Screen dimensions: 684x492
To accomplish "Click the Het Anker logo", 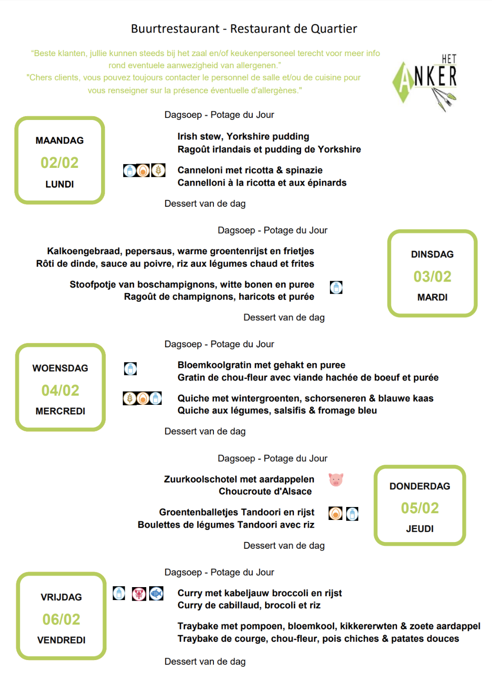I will coord(425,82).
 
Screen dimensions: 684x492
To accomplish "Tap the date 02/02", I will coord(59,163).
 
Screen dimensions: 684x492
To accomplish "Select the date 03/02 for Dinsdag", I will coord(432,276).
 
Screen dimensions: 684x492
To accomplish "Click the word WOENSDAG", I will coord(60,368).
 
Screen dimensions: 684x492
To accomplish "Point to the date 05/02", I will coord(420,508).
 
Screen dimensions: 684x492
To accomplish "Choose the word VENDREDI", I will coord(61,640).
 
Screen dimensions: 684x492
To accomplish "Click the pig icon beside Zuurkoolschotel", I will coord(336,479).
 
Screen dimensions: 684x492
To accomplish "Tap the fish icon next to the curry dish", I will coord(156,593).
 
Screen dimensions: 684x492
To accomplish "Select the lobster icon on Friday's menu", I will coord(139,593).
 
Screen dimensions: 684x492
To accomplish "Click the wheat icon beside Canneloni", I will coord(158,170).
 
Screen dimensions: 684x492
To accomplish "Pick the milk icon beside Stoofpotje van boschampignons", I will coord(336,287).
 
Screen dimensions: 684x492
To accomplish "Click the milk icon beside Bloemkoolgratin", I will coord(130,368).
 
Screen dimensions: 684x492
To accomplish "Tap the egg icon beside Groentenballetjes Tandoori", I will coord(336,514).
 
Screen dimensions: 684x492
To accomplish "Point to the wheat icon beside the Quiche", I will coord(129,398).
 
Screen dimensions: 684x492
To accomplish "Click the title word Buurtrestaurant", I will coord(175,29).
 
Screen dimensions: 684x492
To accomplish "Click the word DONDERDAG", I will coord(420,486).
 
